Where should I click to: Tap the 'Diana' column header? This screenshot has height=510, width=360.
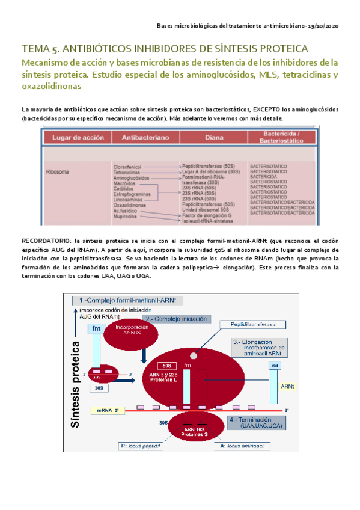(x=213, y=138)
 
